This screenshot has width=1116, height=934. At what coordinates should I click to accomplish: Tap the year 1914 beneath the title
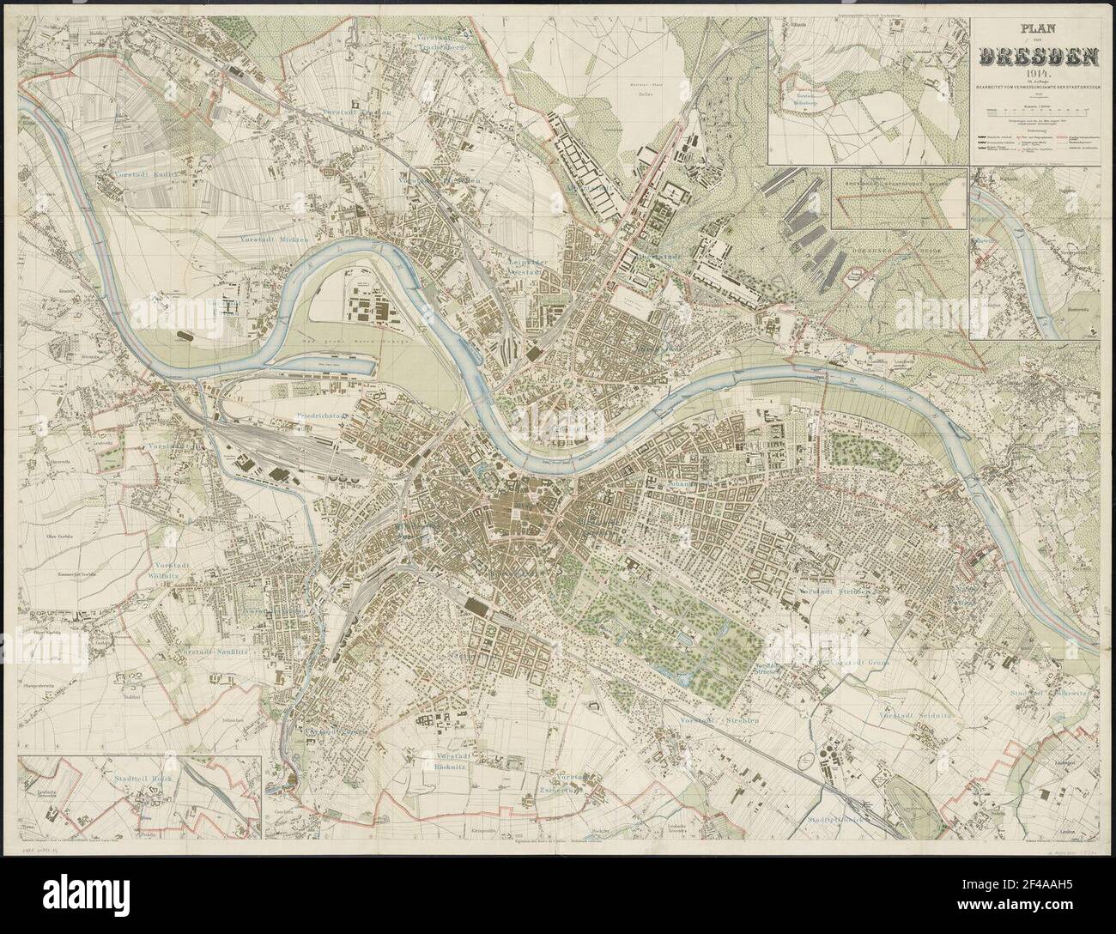tap(1038, 75)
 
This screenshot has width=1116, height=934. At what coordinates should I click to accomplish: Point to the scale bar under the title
tap(1038, 113)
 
